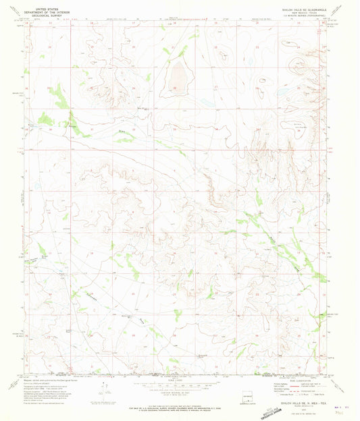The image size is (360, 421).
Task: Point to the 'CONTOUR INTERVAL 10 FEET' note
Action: point(173,388)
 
